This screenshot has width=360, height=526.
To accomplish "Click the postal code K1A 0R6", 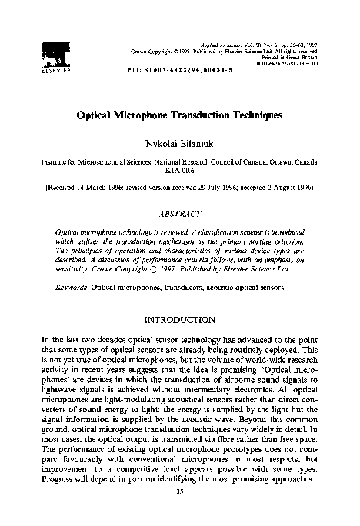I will click(x=180, y=174).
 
